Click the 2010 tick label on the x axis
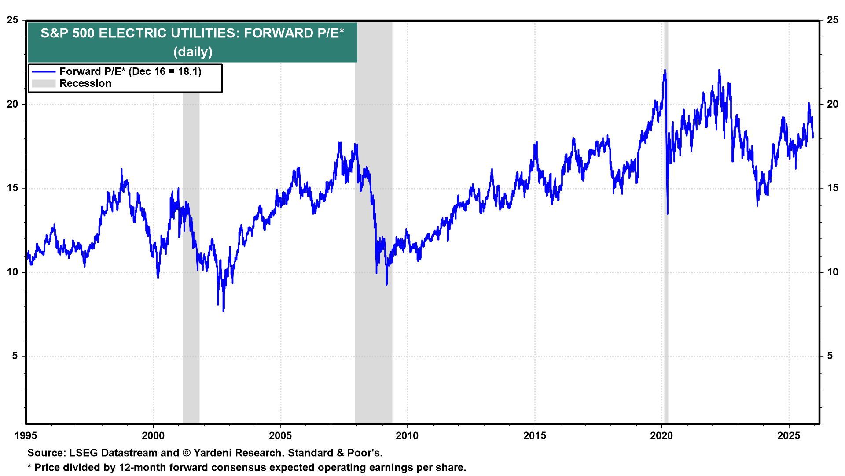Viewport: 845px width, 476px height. [407, 436]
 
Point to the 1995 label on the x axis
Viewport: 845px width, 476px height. [26, 436]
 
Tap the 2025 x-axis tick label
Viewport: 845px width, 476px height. [789, 436]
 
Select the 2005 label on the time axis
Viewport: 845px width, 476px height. [280, 436]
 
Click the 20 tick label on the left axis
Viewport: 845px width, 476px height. [13, 104]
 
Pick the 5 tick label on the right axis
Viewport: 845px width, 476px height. [830, 356]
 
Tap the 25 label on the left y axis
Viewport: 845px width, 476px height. [13, 20]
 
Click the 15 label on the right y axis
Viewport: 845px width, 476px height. [832, 188]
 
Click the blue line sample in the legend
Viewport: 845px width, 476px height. [44, 72]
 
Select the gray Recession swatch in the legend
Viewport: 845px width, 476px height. [44, 84]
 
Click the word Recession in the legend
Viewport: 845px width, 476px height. [85, 84]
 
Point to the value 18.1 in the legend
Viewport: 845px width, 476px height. [189, 72]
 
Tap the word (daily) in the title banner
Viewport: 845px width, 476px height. [193, 52]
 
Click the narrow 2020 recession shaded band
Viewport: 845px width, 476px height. [666, 264]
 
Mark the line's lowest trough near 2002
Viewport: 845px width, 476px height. [224, 311]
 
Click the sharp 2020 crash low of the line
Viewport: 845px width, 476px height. [668, 214]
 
